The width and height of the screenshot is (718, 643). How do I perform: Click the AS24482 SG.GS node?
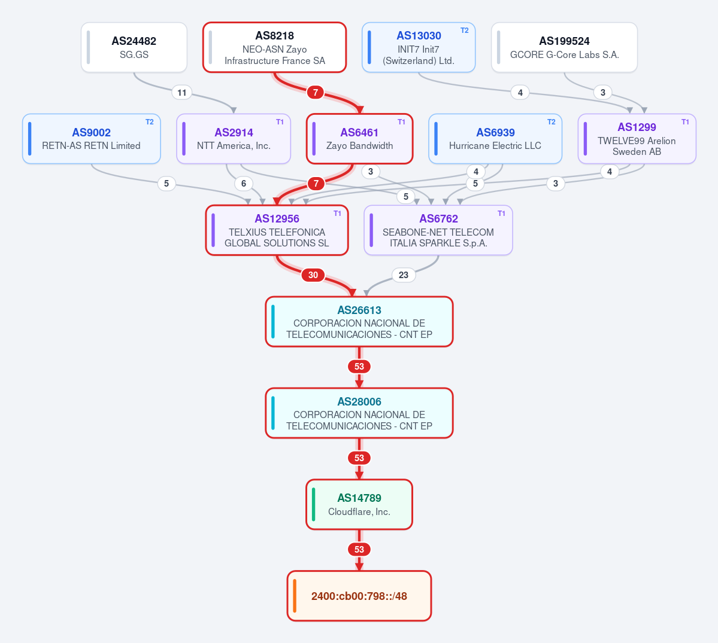click(x=134, y=48)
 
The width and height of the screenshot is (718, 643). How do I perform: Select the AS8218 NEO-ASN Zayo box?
click(x=275, y=48)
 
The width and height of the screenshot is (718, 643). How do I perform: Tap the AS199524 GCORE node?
click(x=564, y=48)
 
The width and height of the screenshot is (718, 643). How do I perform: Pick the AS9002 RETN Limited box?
click(x=92, y=139)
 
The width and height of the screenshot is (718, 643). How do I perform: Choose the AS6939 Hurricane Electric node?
click(x=495, y=139)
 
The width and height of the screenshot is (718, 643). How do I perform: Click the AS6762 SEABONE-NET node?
click(x=438, y=230)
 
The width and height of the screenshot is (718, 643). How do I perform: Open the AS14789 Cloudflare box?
click(x=359, y=504)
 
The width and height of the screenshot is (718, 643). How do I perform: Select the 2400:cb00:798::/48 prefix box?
click(x=359, y=596)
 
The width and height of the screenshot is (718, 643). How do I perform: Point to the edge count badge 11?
click(x=182, y=93)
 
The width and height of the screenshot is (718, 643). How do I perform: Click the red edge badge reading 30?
click(x=313, y=275)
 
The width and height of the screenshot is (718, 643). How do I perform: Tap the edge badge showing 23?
click(x=404, y=275)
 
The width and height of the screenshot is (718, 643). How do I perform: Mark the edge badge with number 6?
click(x=244, y=184)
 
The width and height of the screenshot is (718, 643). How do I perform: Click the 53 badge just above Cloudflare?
click(x=359, y=458)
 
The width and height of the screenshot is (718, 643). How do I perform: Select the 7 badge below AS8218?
click(x=316, y=93)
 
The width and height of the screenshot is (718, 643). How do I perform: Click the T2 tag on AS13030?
click(x=464, y=31)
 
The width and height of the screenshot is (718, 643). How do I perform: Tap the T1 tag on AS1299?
click(x=685, y=122)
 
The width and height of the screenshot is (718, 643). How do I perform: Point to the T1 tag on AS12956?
click(x=337, y=214)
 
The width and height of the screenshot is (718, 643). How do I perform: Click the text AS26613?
click(x=359, y=310)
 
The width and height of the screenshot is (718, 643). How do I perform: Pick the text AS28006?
click(x=359, y=401)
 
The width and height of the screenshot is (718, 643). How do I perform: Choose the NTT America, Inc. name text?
click(x=234, y=146)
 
